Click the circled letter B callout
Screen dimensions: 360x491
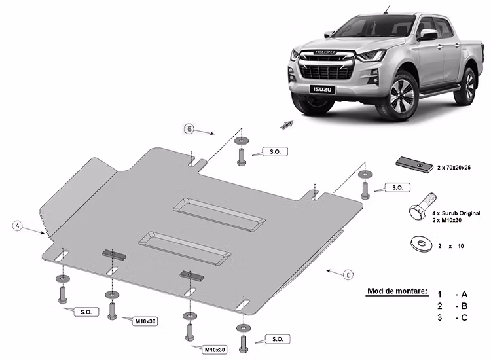point(189,130)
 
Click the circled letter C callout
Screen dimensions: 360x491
point(348,274)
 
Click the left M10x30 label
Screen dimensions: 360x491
point(145,321)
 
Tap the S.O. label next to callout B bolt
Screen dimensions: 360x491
point(274,151)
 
